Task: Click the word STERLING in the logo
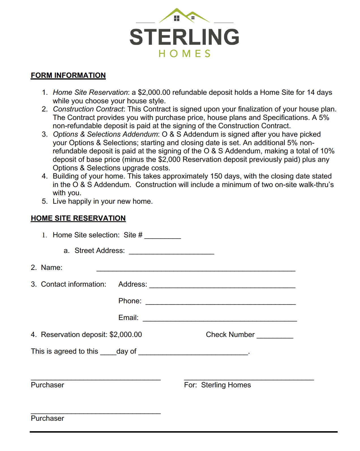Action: point(184,37)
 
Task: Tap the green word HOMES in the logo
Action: point(184,53)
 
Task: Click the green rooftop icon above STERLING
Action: point(184,16)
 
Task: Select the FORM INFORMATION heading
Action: point(68,75)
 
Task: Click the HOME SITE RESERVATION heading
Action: point(78,218)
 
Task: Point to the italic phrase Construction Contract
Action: point(88,109)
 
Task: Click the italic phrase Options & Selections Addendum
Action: point(105,134)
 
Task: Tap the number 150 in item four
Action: point(216,176)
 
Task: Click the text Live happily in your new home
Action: point(102,201)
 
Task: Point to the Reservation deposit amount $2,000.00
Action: point(126,335)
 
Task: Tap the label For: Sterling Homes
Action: point(217,385)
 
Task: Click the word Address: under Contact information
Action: point(132,284)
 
